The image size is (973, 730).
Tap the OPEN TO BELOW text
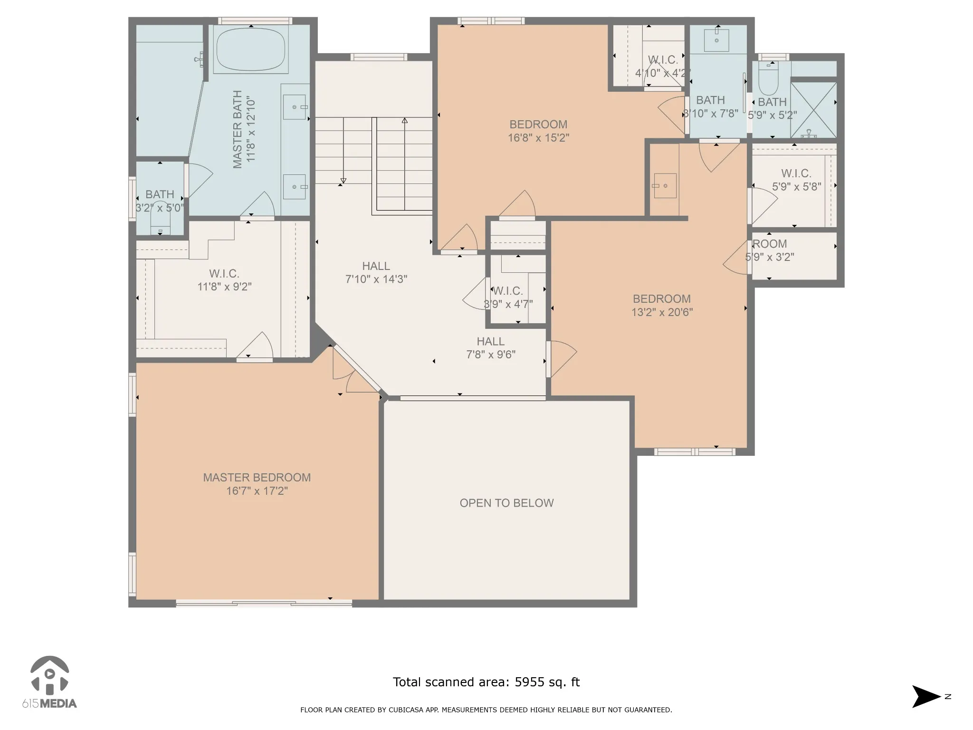pos(506,503)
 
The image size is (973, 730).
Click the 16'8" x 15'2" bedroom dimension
pos(538,138)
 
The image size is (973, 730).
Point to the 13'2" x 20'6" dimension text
pos(662,312)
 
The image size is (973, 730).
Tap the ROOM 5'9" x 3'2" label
pos(770,250)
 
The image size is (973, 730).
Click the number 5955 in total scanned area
pos(529,682)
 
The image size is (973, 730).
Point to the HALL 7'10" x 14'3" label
pos(376,273)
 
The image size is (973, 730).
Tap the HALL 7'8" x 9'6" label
pos(491,348)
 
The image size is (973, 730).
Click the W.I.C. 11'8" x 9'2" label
pos(224,280)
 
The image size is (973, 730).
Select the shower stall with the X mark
pos(813,110)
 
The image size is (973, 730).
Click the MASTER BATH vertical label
pos(244,129)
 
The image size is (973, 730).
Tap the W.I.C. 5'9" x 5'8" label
pos(796,180)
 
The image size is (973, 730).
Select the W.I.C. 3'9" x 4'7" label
pos(508,298)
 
